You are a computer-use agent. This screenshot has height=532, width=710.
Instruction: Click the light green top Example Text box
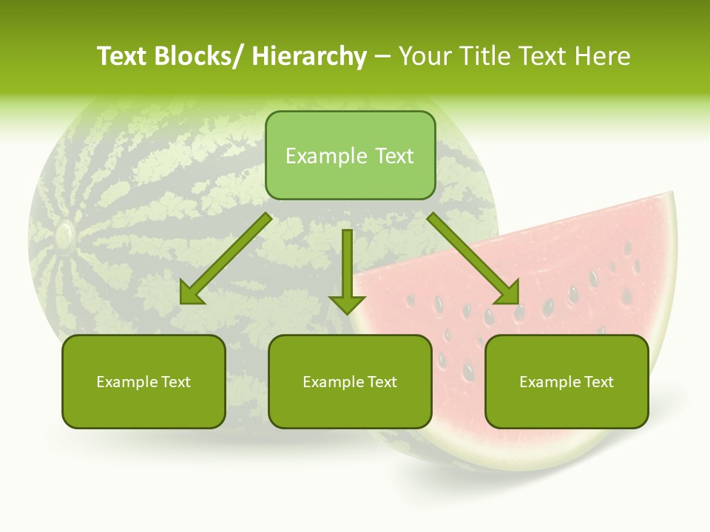[350, 155]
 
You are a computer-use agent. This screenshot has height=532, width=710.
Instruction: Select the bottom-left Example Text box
[143, 382]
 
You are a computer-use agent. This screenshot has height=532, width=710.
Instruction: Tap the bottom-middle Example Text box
[350, 382]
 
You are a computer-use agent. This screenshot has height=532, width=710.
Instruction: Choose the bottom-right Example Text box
[567, 382]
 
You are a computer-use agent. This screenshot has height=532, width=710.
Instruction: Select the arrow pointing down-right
[473, 259]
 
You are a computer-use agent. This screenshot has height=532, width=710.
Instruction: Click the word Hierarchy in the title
[309, 56]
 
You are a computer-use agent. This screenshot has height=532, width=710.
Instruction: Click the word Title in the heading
[486, 56]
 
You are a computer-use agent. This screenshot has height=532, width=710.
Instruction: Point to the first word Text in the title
[124, 56]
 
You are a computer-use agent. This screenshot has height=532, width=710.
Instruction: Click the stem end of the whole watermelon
[64, 235]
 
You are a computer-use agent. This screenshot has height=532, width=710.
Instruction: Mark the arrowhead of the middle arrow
[347, 303]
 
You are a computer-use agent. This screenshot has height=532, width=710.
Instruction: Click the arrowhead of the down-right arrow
[509, 294]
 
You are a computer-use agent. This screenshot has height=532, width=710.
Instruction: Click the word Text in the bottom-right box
[599, 382]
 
